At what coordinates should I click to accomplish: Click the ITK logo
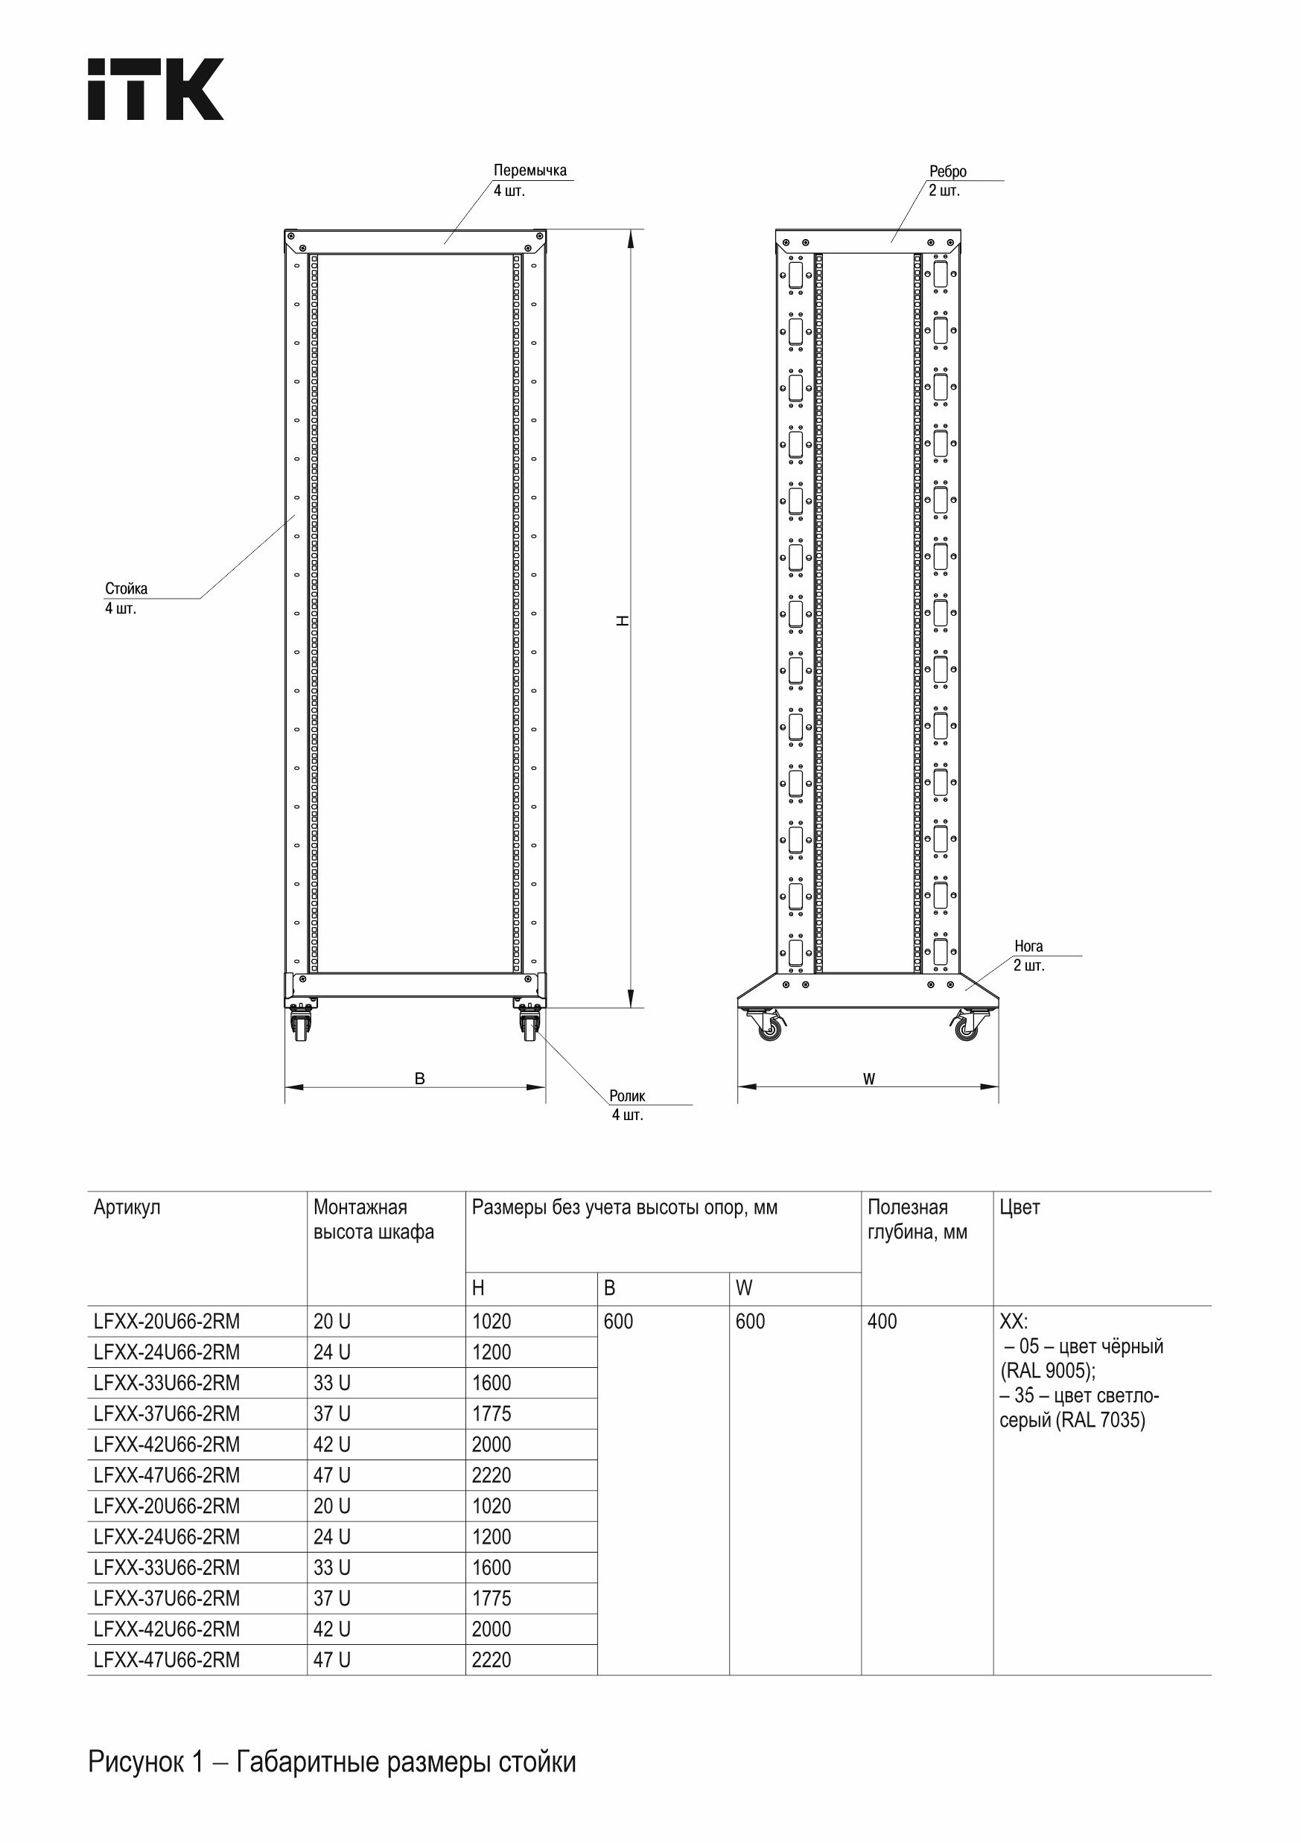click(156, 89)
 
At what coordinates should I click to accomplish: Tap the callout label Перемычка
click(529, 171)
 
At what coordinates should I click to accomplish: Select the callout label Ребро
click(948, 171)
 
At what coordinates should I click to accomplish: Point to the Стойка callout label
click(126, 588)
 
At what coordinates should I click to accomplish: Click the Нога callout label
click(1028, 946)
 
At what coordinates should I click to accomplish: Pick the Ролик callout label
click(627, 1095)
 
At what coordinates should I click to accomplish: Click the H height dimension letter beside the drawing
click(622, 620)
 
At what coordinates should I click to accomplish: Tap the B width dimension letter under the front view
click(420, 1079)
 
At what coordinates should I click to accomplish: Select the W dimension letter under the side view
click(869, 1079)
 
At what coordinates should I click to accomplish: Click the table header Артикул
click(127, 1207)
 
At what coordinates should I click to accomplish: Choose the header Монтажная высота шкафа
click(373, 1219)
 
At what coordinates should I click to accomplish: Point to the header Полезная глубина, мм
click(917, 1219)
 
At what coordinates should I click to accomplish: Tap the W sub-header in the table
click(744, 1288)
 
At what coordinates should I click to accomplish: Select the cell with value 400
click(882, 1321)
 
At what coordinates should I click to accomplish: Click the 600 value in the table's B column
click(618, 1321)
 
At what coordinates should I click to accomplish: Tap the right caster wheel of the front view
click(529, 1027)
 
